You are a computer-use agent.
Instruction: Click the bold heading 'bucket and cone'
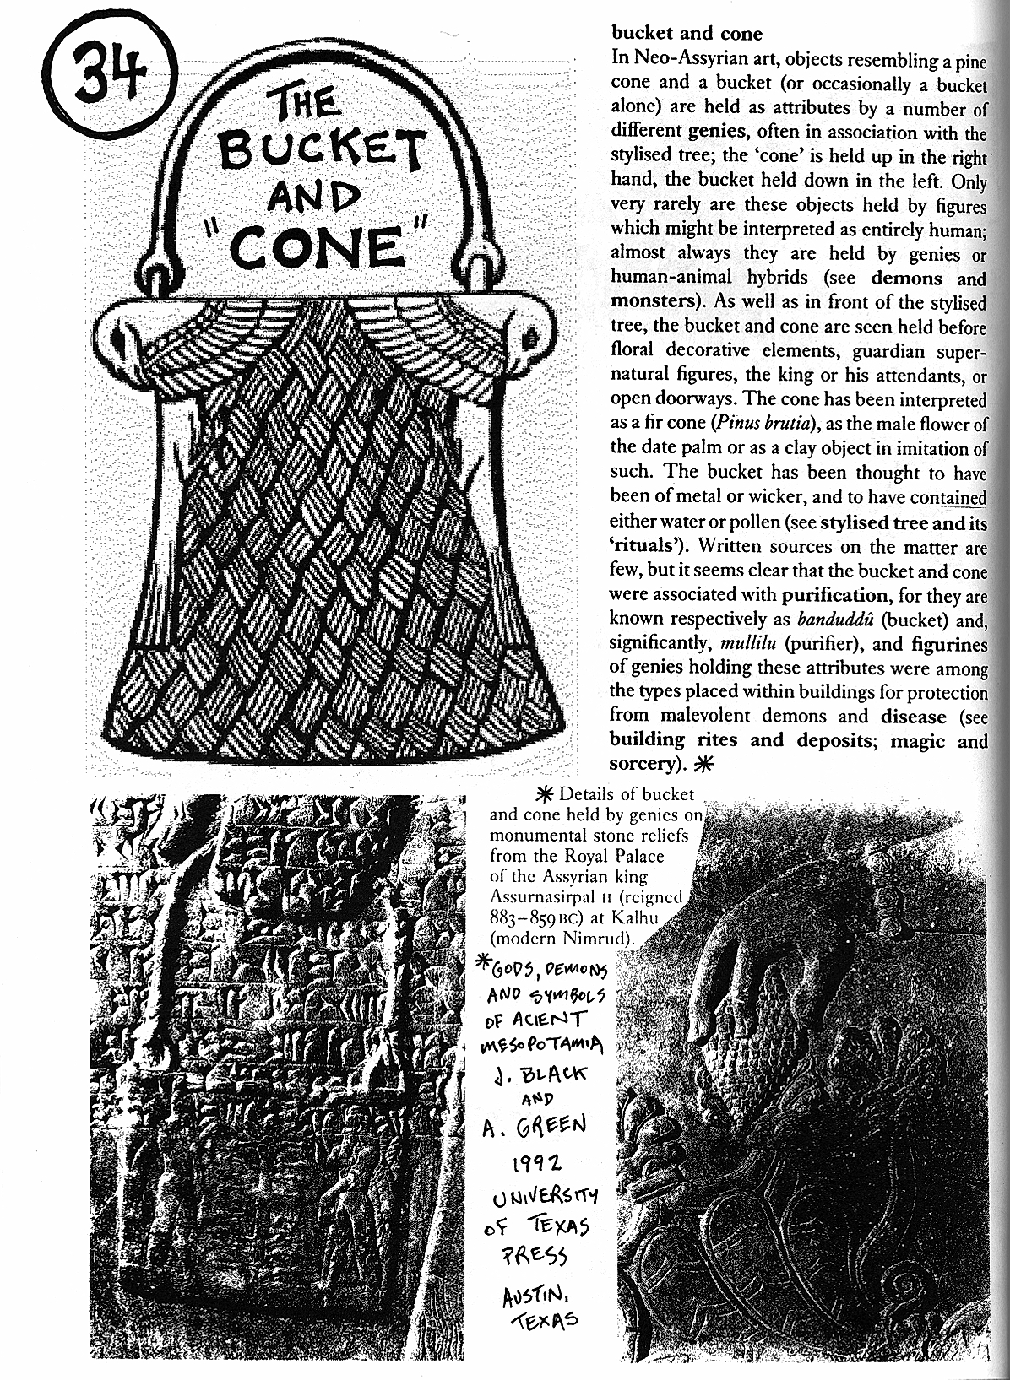point(686,34)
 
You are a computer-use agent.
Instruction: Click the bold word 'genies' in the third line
point(720,133)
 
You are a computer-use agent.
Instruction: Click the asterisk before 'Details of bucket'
point(546,794)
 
